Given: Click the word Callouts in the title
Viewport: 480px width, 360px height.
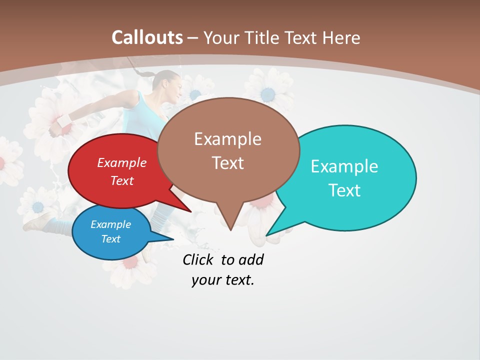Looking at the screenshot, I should [147, 37].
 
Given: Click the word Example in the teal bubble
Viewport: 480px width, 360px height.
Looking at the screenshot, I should [344, 166].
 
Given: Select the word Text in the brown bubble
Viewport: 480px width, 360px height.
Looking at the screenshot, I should [228, 163].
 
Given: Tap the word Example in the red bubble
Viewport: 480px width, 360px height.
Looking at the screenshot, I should [121, 162].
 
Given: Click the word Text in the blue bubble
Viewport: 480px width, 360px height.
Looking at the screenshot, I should [111, 239].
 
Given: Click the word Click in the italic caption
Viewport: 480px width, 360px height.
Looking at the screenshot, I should [198, 259].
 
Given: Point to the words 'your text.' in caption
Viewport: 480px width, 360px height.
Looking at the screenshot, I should [222, 280].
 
